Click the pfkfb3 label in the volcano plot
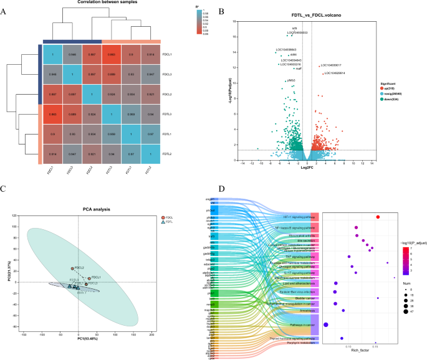coord(290,81)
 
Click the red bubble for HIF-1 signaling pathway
coord(378,217)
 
